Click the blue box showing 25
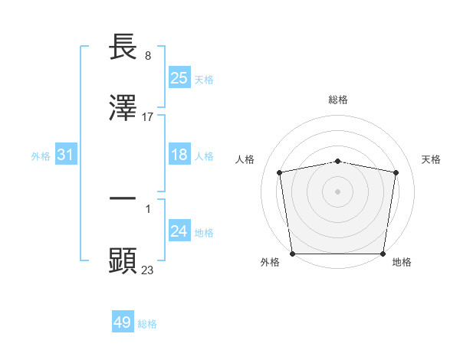tap(179, 77)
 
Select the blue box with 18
tap(179, 155)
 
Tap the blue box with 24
tap(179, 231)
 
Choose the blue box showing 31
tap(66, 155)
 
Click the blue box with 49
tap(123, 322)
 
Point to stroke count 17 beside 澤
tap(148, 117)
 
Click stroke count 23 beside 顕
tap(148, 269)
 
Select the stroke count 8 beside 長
tap(148, 57)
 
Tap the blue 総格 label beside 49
tap(147, 324)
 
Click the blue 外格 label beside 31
tap(41, 155)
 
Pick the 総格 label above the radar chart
tap(338, 100)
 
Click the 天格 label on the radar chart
tap(432, 159)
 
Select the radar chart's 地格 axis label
tap(402, 262)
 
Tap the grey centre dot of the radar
tap(338, 191)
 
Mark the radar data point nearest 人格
tap(280, 172)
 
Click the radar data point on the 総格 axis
tap(338, 161)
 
